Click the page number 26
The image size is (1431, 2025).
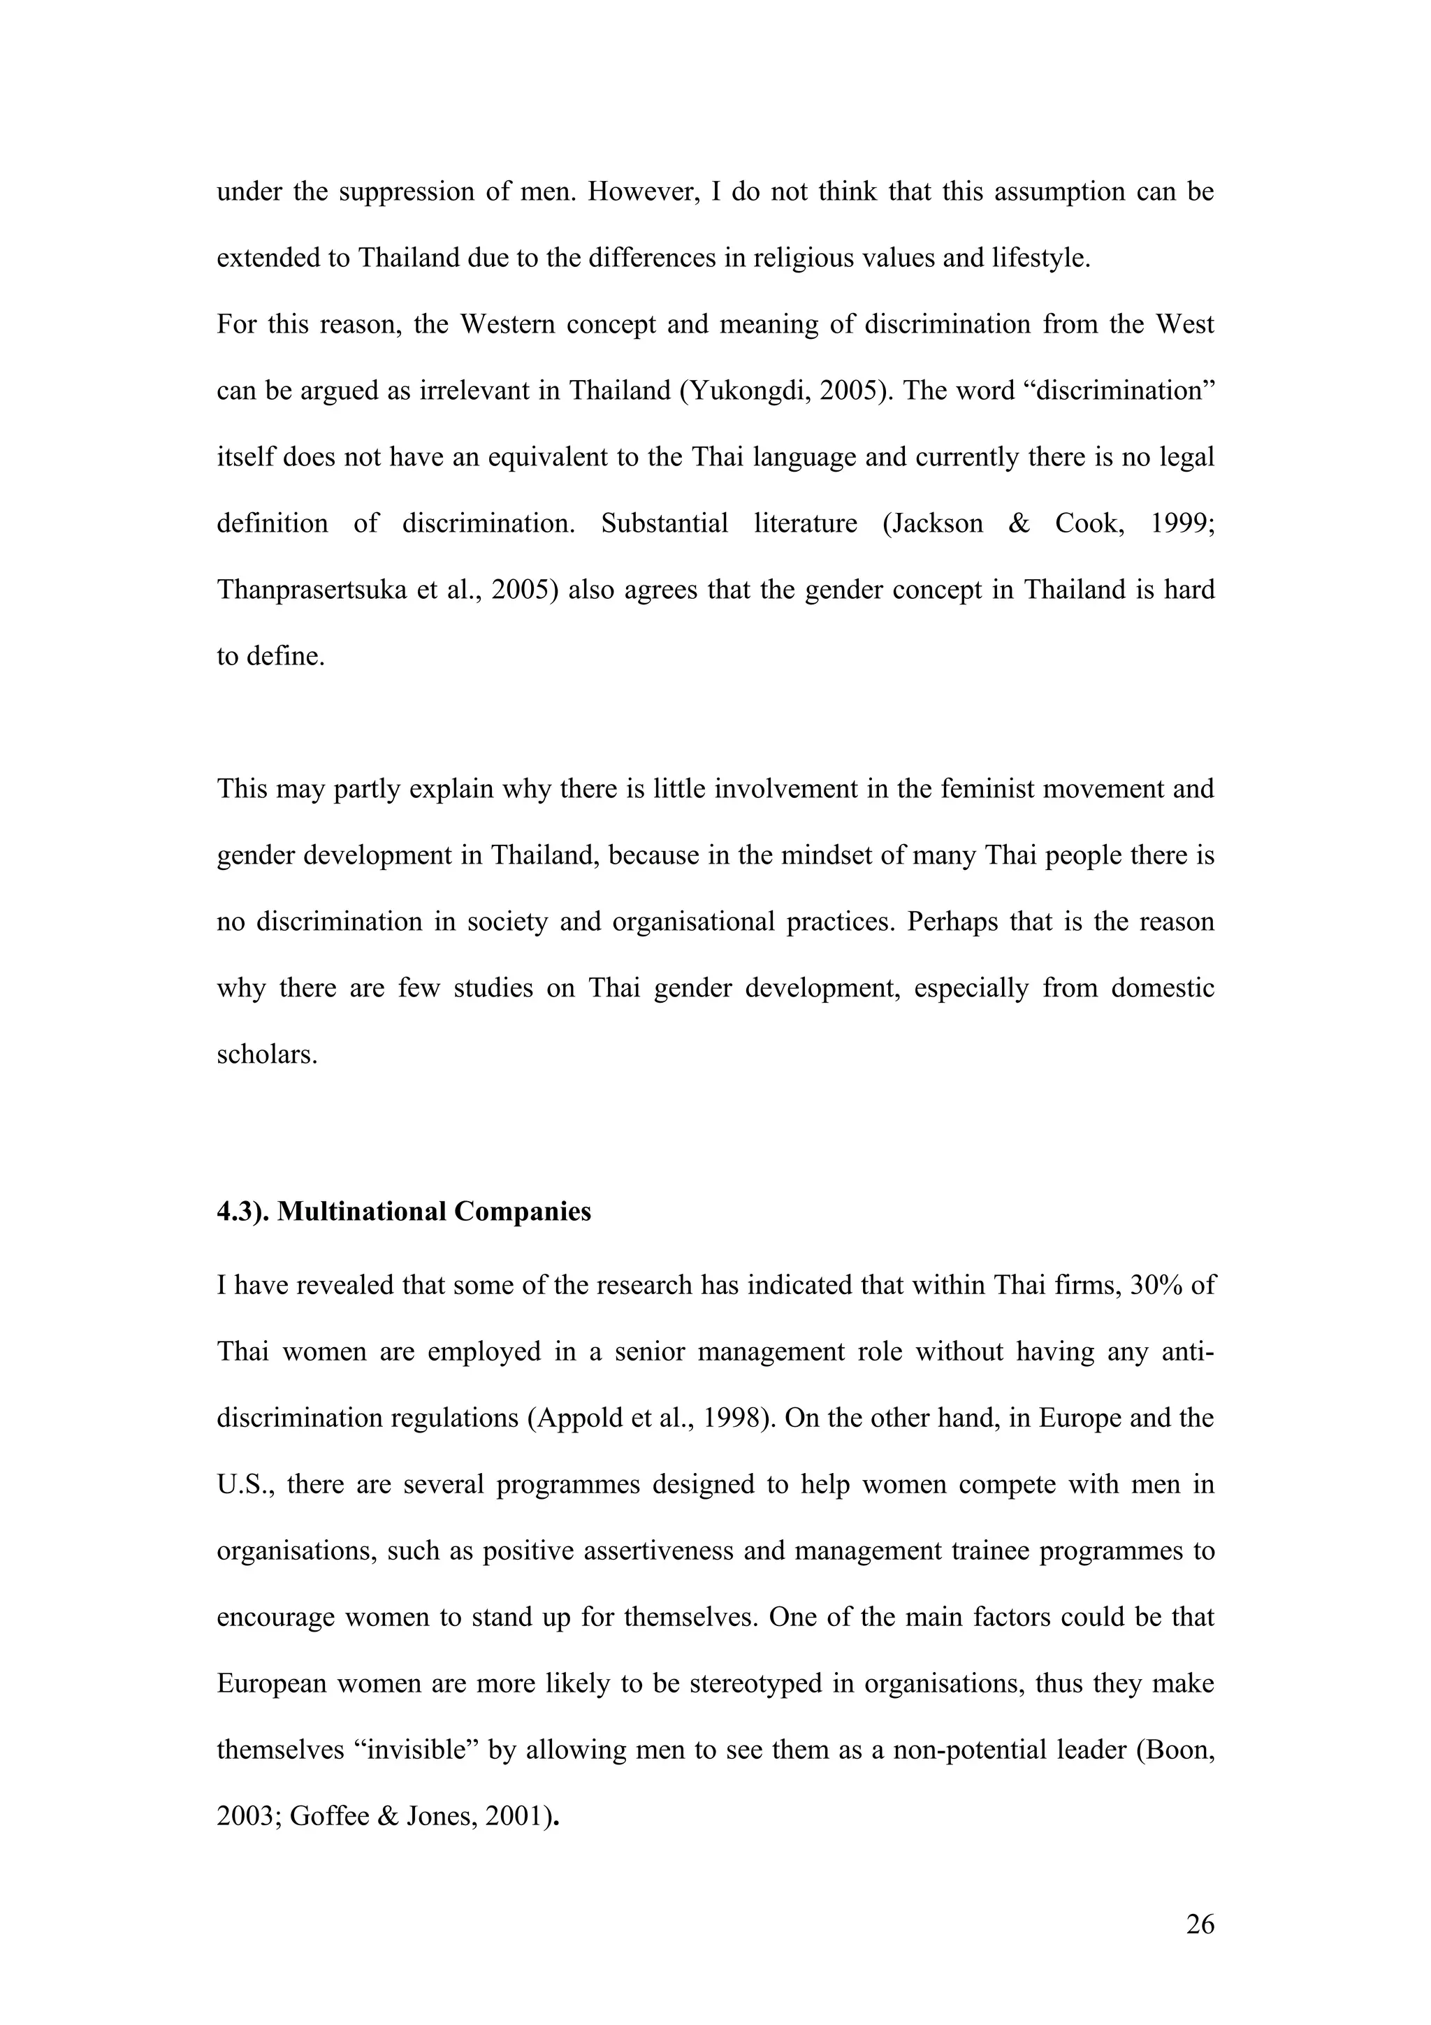point(1200,1924)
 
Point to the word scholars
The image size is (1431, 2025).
point(266,1054)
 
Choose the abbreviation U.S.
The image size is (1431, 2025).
point(246,1484)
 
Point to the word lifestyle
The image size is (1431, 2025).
point(1040,258)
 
